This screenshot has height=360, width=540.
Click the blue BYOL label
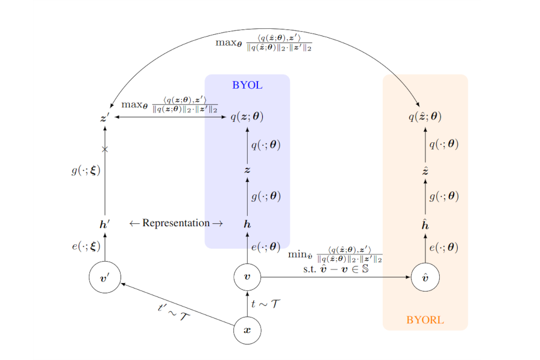click(247, 85)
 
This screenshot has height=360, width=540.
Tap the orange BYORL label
click(425, 320)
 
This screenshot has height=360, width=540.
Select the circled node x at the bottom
click(247, 330)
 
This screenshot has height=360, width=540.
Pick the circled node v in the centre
click(247, 277)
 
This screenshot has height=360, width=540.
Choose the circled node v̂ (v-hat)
click(425, 277)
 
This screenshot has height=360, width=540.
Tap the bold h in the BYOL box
click(247, 224)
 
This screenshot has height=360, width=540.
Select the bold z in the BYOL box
click(247, 170)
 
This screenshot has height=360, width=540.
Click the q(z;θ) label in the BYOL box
click(247, 117)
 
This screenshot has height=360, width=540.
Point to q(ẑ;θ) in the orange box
click(425, 117)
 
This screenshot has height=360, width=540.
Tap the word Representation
click(176, 223)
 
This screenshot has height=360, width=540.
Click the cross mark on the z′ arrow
click(105, 149)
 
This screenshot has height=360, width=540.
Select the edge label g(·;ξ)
click(85, 170)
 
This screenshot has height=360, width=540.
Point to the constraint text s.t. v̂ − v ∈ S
click(335, 269)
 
